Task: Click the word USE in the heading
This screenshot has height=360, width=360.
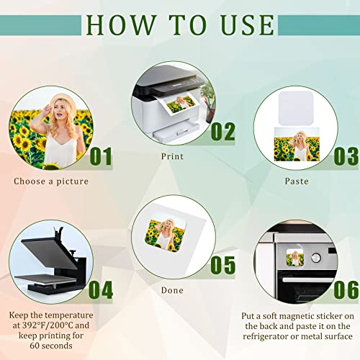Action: coord(248,25)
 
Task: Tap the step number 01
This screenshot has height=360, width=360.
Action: coord(101,156)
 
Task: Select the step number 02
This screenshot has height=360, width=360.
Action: coord(223,131)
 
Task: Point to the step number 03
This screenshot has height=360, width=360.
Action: coord(346,156)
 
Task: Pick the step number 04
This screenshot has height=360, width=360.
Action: coord(101,290)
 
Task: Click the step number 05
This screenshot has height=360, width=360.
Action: coord(223,265)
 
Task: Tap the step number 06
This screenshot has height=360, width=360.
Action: coord(346,290)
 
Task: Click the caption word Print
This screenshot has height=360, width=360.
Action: coord(172,156)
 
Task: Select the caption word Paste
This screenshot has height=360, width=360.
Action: coord(297,181)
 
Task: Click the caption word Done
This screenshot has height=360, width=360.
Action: coord(172,290)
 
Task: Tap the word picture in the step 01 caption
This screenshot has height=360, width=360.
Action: coord(73,181)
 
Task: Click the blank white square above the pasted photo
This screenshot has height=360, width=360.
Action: coord(296,108)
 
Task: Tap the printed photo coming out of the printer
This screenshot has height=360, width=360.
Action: coord(181,104)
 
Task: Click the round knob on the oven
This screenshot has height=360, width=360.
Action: coord(316,258)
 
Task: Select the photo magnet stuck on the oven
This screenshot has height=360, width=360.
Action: coord(295,258)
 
